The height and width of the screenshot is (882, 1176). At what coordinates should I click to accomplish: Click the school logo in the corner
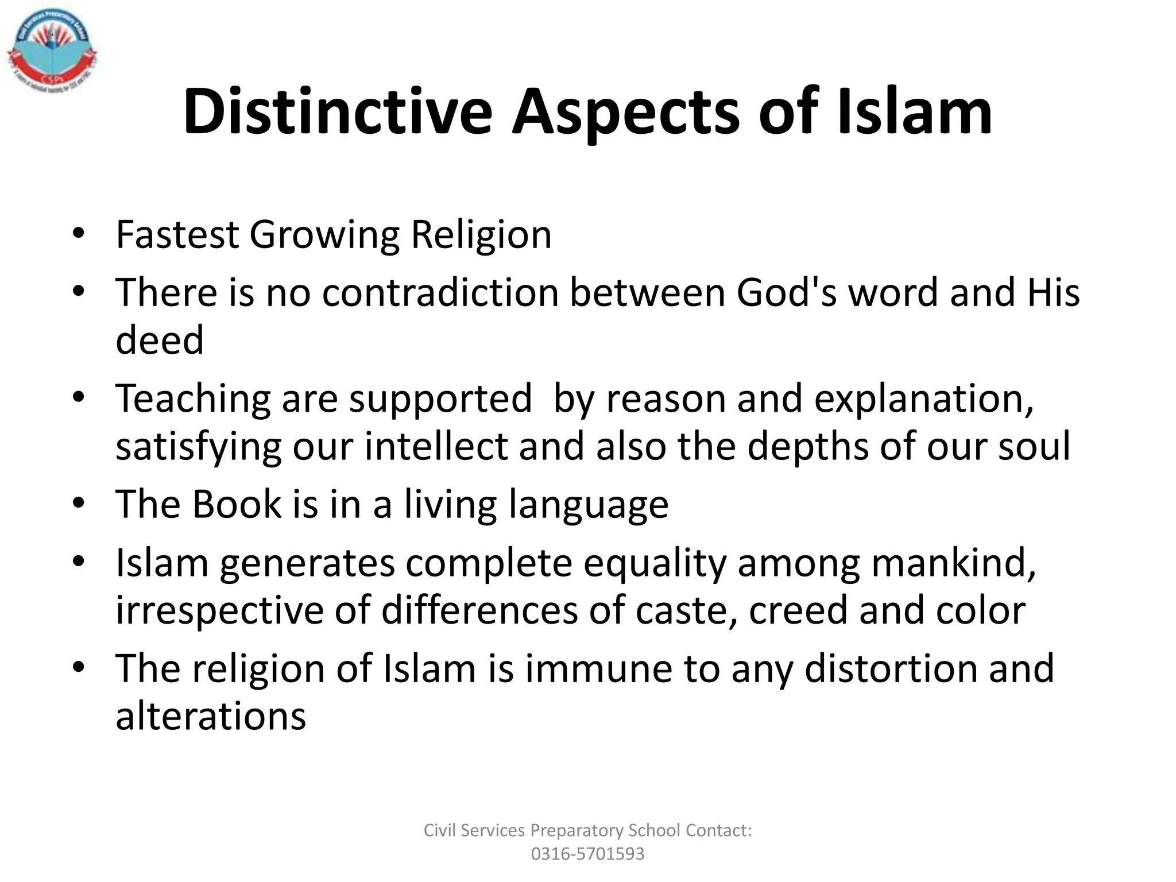(x=52, y=52)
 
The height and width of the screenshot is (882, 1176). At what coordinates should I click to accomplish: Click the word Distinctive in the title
(x=338, y=112)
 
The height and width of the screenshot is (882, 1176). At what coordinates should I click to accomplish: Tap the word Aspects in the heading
(x=625, y=112)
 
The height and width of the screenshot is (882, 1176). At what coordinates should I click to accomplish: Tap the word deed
(x=160, y=340)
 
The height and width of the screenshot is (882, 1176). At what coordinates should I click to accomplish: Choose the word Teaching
(x=192, y=398)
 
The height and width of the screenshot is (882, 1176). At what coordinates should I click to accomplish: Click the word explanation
(x=924, y=398)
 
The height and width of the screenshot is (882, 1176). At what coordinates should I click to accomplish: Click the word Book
(x=237, y=504)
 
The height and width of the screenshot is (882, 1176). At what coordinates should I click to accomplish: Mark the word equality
(x=655, y=562)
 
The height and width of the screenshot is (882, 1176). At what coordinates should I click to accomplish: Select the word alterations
(x=211, y=716)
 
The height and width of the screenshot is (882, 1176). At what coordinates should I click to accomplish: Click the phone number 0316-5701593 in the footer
(x=587, y=854)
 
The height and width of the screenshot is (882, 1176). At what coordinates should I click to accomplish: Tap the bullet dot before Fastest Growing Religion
(x=79, y=233)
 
